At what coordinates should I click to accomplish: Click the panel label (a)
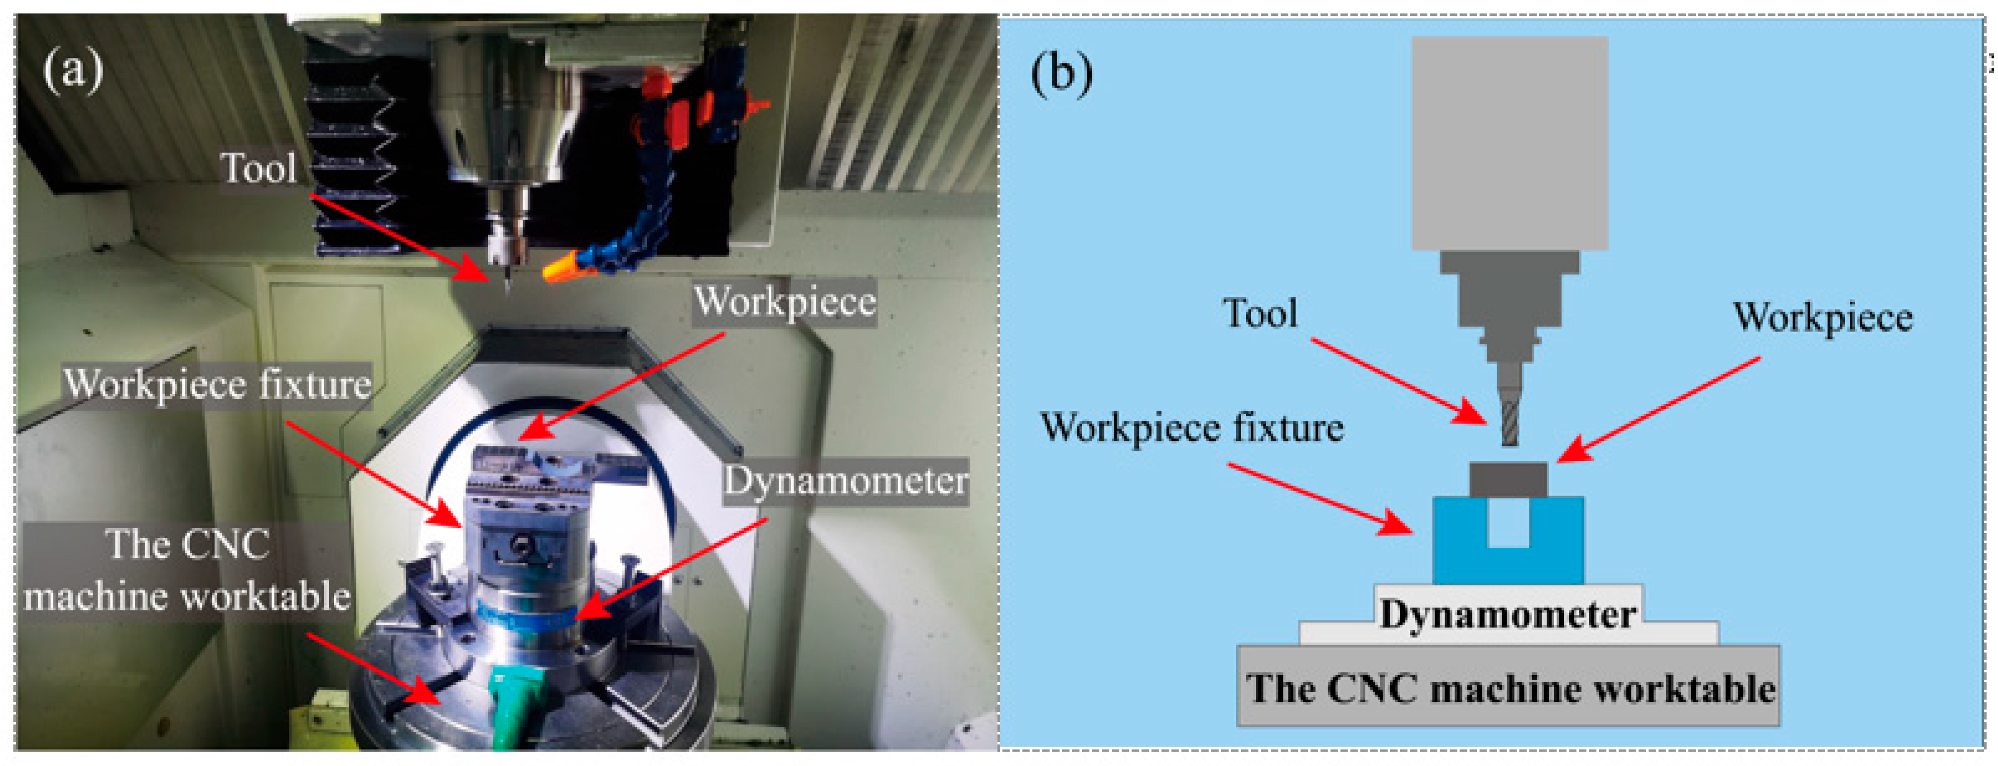tap(72, 70)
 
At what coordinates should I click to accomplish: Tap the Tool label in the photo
tap(258, 167)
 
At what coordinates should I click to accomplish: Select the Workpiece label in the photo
tap(784, 301)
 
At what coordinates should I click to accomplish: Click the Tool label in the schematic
tap(1260, 314)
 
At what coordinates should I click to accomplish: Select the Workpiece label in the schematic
tap(1823, 318)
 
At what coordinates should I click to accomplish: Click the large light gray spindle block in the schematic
tap(1510, 144)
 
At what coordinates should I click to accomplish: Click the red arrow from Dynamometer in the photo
tap(671, 570)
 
